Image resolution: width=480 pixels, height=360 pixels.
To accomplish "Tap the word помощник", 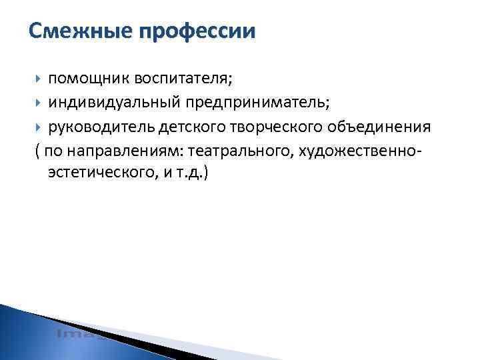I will [x=89, y=79].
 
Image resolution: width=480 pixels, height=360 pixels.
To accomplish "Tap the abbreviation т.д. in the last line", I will [x=194, y=173].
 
